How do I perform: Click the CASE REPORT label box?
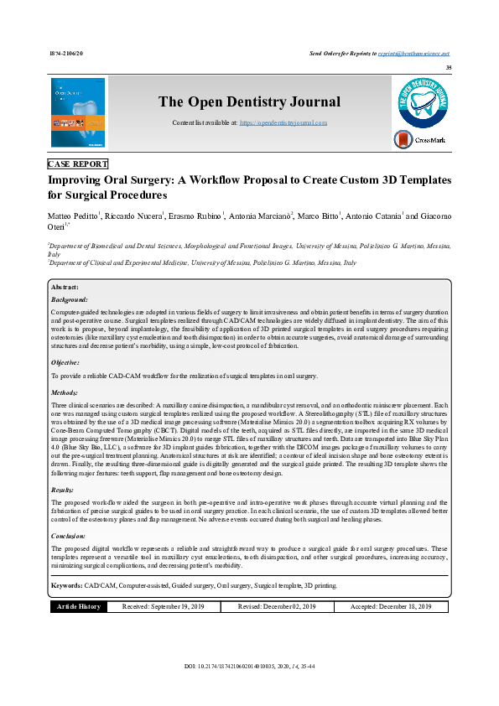[x=78, y=164]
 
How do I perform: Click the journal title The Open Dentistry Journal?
[x=250, y=102]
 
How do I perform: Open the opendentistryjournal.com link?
[x=283, y=122]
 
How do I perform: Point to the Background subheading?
[x=70, y=298]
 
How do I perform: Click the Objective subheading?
[x=65, y=362]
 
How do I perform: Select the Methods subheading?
[x=65, y=392]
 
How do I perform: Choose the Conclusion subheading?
[x=69, y=534]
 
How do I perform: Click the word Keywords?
[x=66, y=584]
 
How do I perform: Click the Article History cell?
[x=79, y=606]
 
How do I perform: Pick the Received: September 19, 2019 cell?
[x=164, y=606]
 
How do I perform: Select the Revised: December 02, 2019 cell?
[x=277, y=606]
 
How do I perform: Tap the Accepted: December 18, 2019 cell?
[x=391, y=606]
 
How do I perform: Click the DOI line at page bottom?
[x=249, y=667]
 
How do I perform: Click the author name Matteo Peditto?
[x=74, y=216]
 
